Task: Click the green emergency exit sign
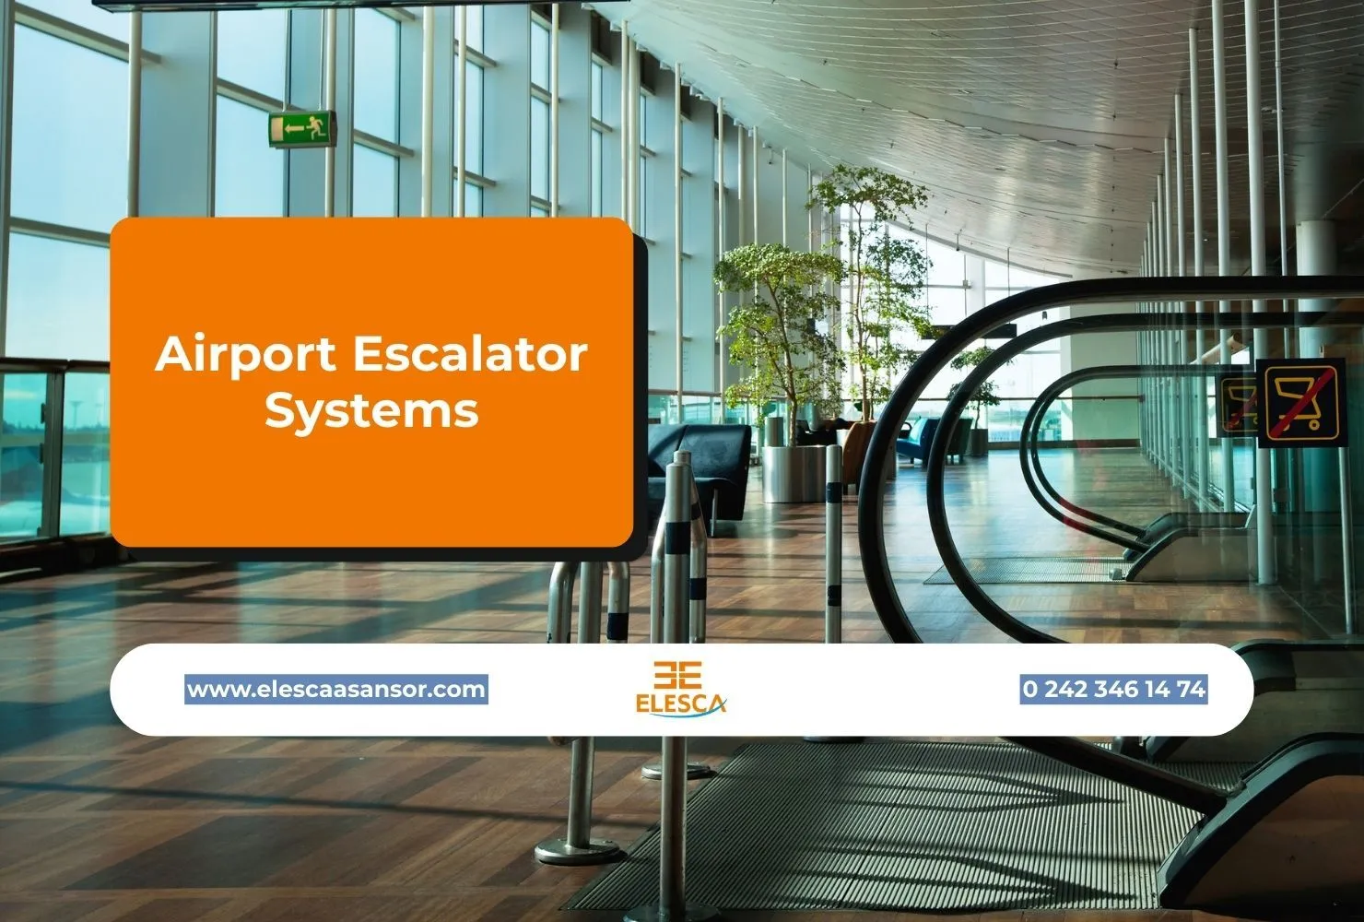301,129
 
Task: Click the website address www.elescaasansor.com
336,689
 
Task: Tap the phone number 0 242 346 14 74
1113,689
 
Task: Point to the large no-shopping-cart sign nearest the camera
1299,403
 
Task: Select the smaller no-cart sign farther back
1239,405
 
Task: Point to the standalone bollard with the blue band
833,544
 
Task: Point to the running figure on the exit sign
317,128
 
